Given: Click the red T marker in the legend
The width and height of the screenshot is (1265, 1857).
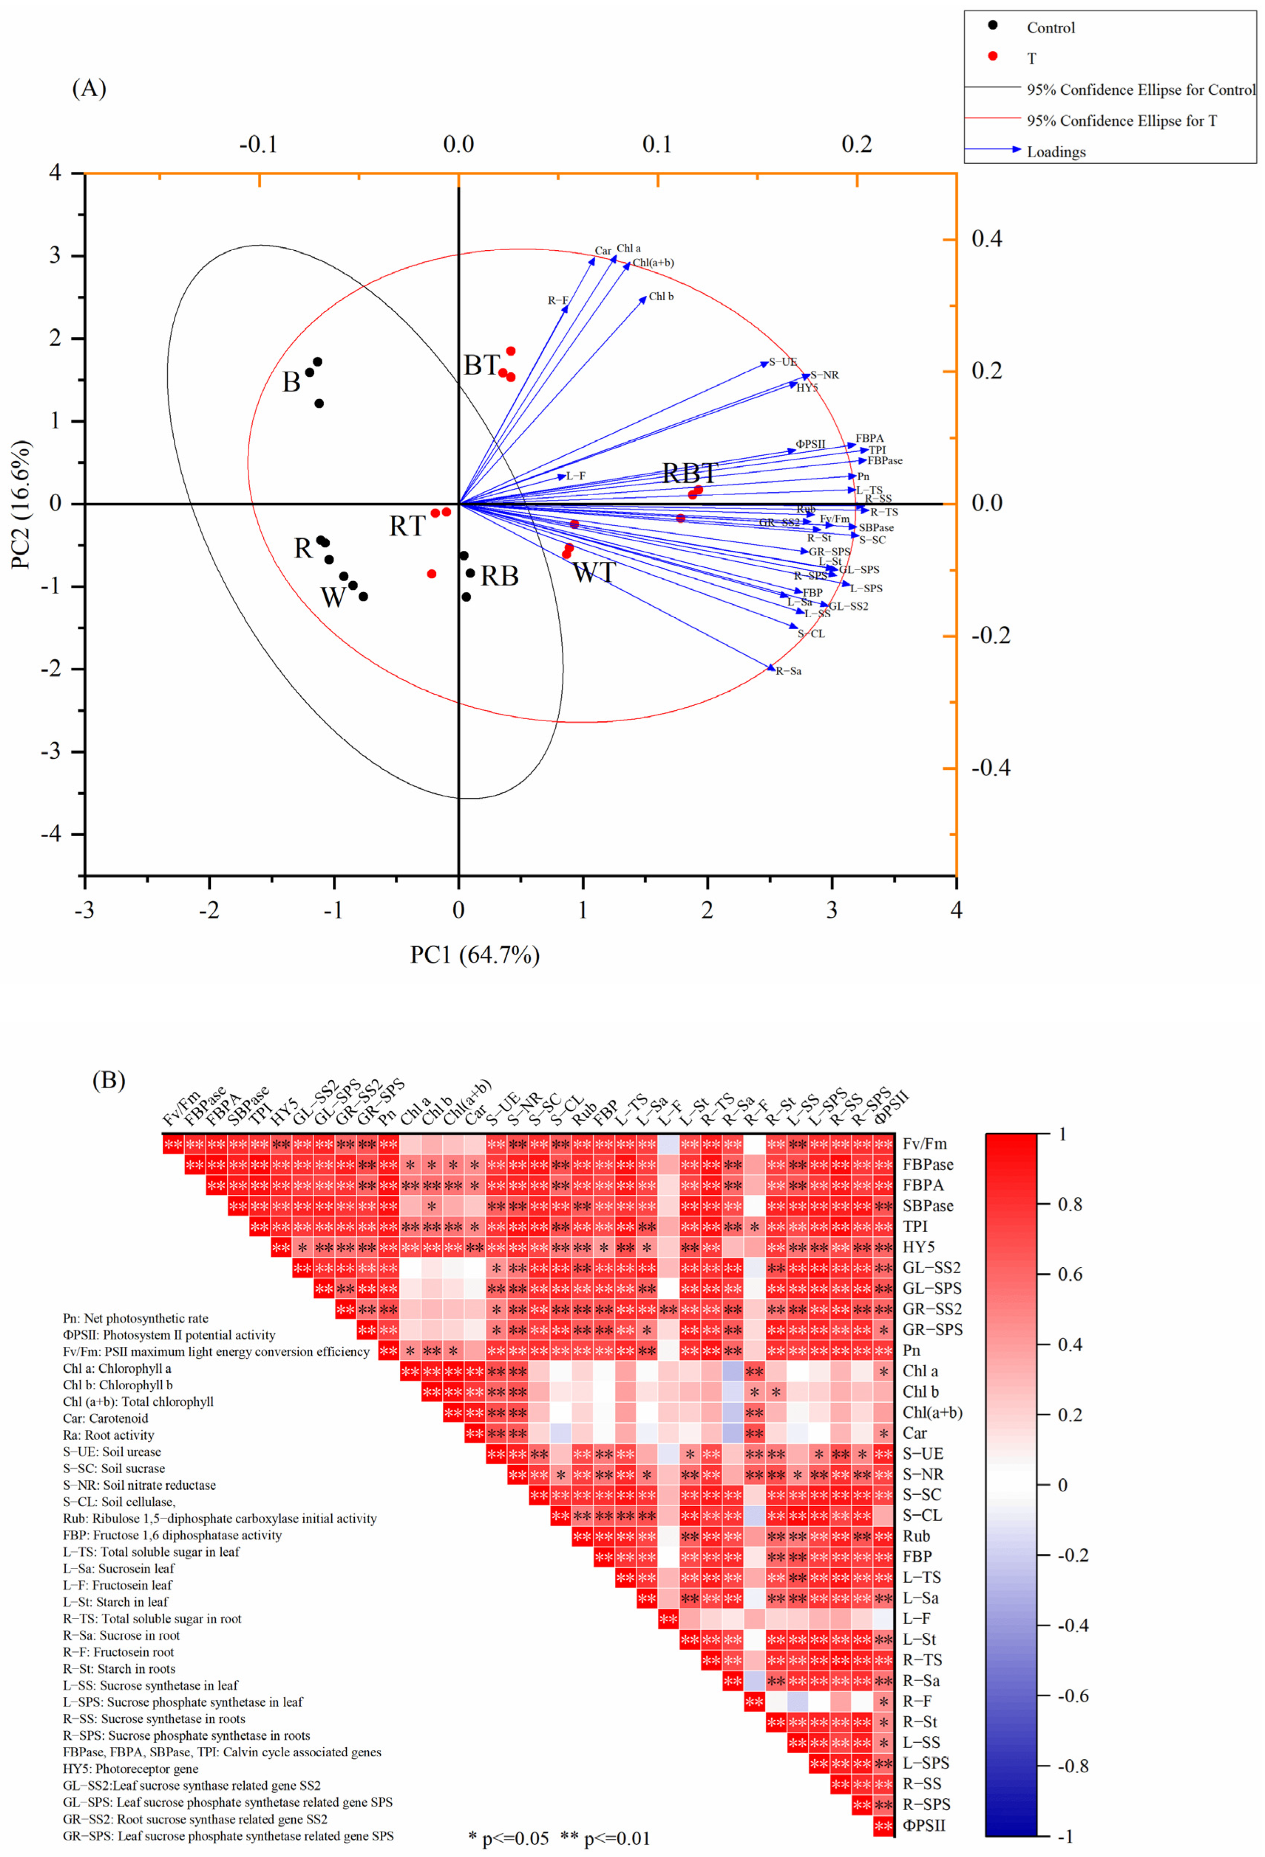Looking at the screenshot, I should (993, 56).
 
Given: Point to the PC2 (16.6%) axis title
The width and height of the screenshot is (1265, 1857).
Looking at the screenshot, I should (22, 504).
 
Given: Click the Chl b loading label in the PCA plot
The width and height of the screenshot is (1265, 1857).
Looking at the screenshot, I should (661, 297).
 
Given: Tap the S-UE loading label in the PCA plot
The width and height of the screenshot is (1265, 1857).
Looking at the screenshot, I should (783, 362).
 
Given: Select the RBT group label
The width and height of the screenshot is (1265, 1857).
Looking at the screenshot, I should (690, 473).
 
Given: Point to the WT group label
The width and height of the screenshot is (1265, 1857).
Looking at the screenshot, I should (594, 572).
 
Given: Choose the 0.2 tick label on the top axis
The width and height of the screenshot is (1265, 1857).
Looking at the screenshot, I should (857, 145).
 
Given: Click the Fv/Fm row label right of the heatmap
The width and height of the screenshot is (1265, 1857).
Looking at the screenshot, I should (925, 1144).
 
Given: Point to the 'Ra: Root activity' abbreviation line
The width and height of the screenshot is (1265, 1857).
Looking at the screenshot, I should (108, 1435).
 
